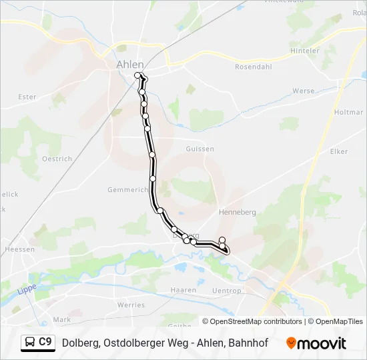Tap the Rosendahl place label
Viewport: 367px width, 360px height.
point(252,67)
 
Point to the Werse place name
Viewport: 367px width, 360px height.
point(303,91)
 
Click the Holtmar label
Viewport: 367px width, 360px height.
point(348,113)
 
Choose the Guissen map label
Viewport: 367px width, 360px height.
point(200,149)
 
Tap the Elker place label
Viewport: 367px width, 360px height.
point(339,151)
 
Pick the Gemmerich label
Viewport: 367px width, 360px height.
point(127,190)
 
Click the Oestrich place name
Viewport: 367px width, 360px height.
point(57,159)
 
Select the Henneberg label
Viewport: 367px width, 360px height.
point(238,212)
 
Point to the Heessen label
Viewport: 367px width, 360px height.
point(19,249)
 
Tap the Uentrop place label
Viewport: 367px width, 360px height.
point(226,291)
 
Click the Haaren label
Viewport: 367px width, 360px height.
point(183,291)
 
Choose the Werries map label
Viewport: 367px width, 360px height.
point(131,304)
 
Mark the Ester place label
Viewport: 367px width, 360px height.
point(27,97)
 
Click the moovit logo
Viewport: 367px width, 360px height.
point(316,343)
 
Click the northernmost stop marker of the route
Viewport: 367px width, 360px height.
point(138,75)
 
